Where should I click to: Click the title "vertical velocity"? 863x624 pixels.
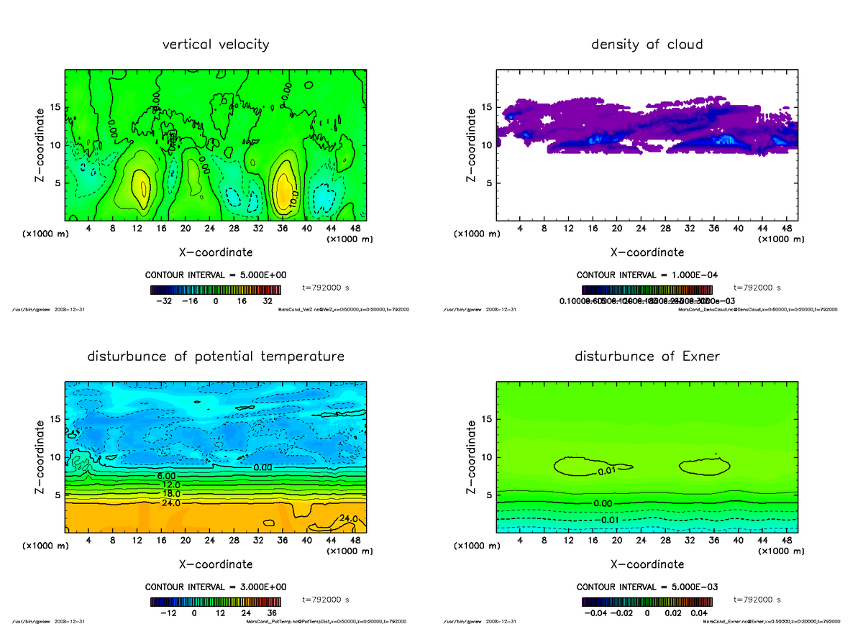216,45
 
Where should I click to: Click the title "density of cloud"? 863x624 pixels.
647,45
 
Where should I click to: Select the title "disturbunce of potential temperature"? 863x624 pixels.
216,357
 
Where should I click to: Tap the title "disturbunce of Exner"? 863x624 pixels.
647,357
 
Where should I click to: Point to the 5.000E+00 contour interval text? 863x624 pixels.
216,275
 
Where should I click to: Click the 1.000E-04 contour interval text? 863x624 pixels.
647,275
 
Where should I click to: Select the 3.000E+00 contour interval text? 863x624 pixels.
216,587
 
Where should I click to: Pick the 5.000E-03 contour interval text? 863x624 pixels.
647,587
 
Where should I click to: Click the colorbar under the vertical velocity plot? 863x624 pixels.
216,290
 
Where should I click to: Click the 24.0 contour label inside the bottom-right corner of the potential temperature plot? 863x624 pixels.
348,518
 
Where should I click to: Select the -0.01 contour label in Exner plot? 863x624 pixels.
611,520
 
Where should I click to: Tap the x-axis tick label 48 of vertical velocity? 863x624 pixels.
355,229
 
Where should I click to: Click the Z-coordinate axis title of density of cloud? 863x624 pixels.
471,144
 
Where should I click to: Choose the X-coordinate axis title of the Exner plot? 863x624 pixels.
647,564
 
